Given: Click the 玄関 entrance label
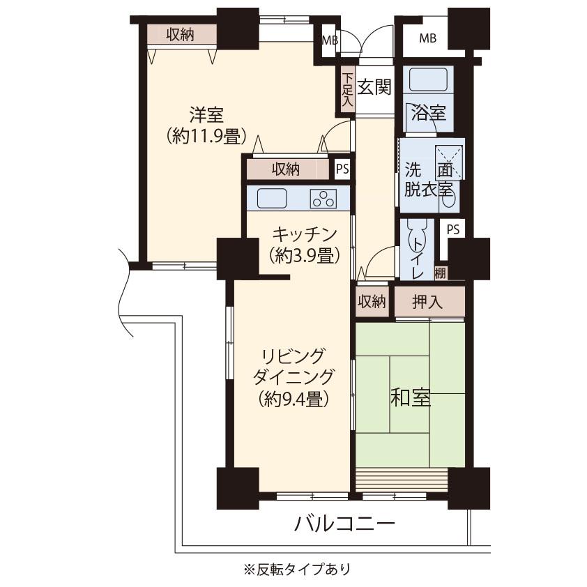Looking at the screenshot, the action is click(374, 87).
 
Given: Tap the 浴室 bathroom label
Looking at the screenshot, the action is click(428, 112).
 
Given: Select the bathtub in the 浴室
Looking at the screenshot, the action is click(428, 79).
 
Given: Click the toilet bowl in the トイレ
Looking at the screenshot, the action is click(417, 241).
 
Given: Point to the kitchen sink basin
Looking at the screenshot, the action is click(272, 198).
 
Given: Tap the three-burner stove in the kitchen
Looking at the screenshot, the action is click(323, 199).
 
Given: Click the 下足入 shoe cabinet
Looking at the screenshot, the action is click(348, 89).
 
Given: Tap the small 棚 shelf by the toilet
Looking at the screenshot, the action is click(441, 273).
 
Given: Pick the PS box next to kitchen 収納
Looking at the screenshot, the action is click(342, 169).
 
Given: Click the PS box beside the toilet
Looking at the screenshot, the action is click(453, 229).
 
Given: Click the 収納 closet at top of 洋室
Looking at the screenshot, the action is click(181, 35).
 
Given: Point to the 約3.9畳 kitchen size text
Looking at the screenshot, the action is click(305, 256).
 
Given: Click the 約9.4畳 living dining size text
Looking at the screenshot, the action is click(294, 399).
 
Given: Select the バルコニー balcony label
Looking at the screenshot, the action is click(344, 523).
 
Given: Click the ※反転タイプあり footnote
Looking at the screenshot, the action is click(297, 570).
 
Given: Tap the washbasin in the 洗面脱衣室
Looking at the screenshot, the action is click(448, 199).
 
